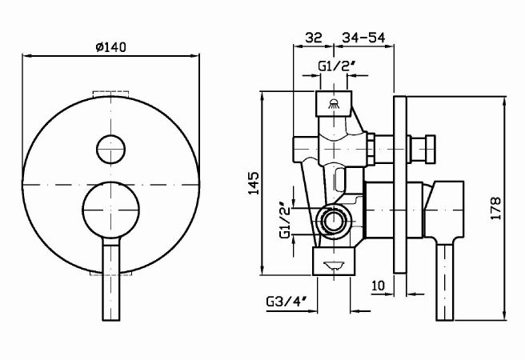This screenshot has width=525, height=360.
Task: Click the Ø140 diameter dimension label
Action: (x=110, y=47)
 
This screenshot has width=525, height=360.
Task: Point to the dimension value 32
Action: (x=313, y=37)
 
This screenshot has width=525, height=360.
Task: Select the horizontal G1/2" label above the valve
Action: (x=332, y=66)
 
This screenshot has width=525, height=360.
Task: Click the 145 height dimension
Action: (x=254, y=185)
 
